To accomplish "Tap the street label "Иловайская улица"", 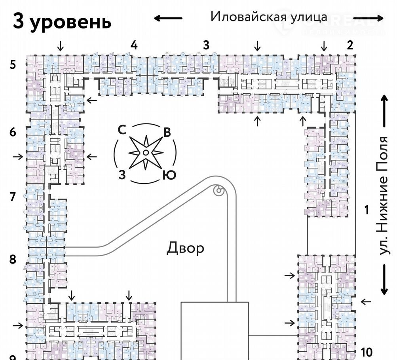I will [x=269, y=17].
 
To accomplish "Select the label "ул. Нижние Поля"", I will [x=383, y=196].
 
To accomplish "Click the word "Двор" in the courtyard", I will [x=185, y=248].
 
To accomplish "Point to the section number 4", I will [x=134, y=45].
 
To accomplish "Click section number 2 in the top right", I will [x=350, y=45].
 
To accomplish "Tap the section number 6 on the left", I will [x=13, y=132].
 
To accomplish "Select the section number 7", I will [x=13, y=196].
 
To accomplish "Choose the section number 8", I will [x=13, y=260].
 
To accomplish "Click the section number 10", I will [x=367, y=351].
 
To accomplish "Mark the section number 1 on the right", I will [x=367, y=210].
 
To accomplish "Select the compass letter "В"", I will [x=167, y=133].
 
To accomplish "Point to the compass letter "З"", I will [x=122, y=174].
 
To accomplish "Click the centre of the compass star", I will [x=146, y=153].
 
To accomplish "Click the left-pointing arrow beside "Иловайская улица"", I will [x=168, y=18].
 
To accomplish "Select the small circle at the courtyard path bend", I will [x=218, y=191].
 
